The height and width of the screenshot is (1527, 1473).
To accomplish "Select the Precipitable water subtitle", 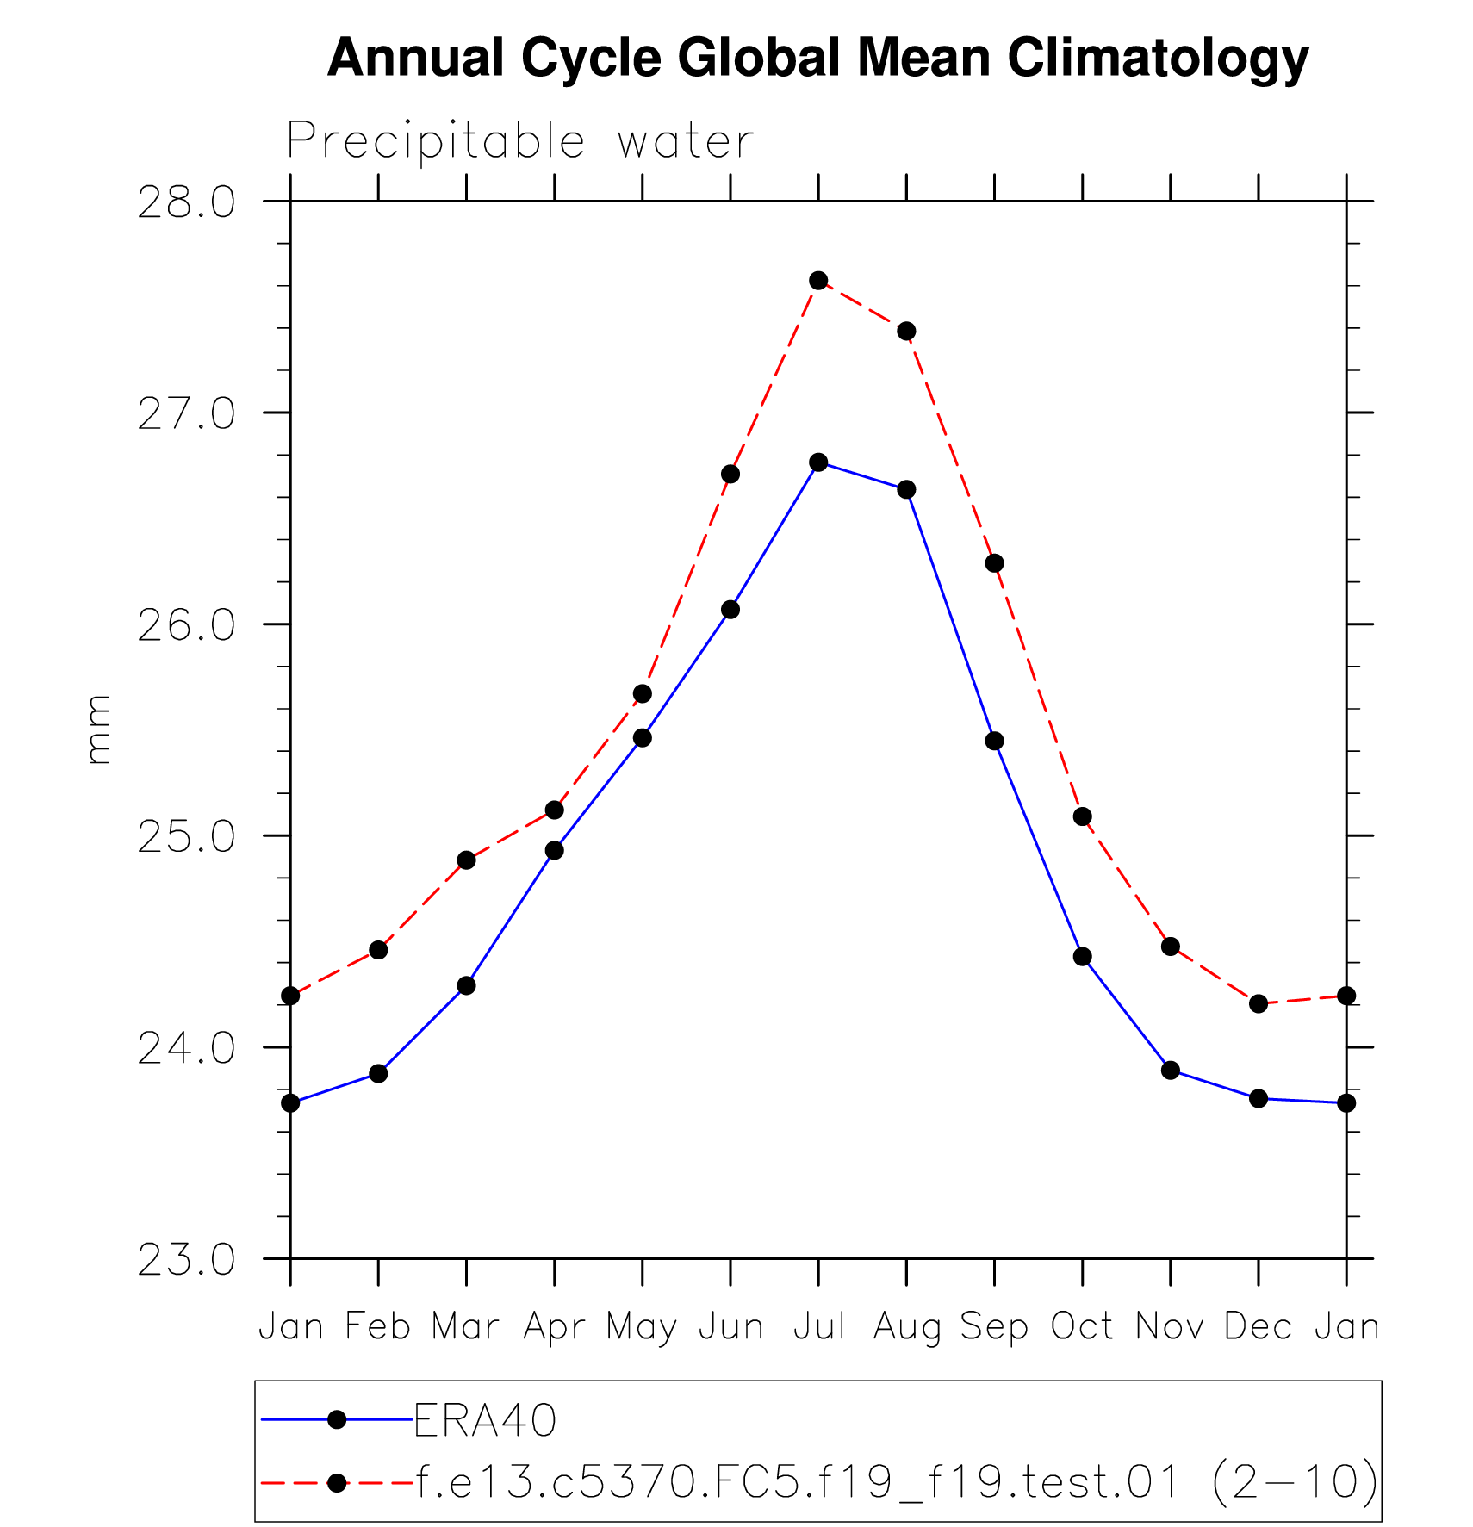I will click(x=520, y=141).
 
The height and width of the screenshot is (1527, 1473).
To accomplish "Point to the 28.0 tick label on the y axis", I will click(x=186, y=203).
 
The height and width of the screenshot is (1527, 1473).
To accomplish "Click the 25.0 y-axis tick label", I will click(x=186, y=837).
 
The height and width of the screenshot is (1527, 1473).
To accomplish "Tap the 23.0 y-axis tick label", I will click(x=186, y=1260).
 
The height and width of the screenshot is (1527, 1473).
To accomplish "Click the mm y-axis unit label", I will click(x=99, y=729).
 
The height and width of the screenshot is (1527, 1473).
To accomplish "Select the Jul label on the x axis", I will click(x=818, y=1326).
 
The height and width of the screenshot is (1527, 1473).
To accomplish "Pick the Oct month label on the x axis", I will click(x=1082, y=1326).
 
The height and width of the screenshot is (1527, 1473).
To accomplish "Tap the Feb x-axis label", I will click(x=378, y=1326).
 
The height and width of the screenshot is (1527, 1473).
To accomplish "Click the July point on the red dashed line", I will click(x=818, y=281).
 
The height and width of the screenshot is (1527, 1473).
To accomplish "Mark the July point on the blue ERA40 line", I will click(x=818, y=462).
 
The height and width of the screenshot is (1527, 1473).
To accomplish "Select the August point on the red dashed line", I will click(x=906, y=332).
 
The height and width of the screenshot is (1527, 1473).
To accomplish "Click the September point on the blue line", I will click(x=994, y=741).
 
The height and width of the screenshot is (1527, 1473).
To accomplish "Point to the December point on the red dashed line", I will click(x=1259, y=1003).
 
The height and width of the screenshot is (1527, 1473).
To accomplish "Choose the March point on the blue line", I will click(x=466, y=985).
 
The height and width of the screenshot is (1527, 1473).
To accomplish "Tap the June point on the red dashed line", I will click(x=730, y=475).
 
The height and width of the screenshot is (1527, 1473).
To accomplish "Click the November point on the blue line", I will click(x=1170, y=1071).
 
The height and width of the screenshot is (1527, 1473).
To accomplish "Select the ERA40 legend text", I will click(x=485, y=1420).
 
